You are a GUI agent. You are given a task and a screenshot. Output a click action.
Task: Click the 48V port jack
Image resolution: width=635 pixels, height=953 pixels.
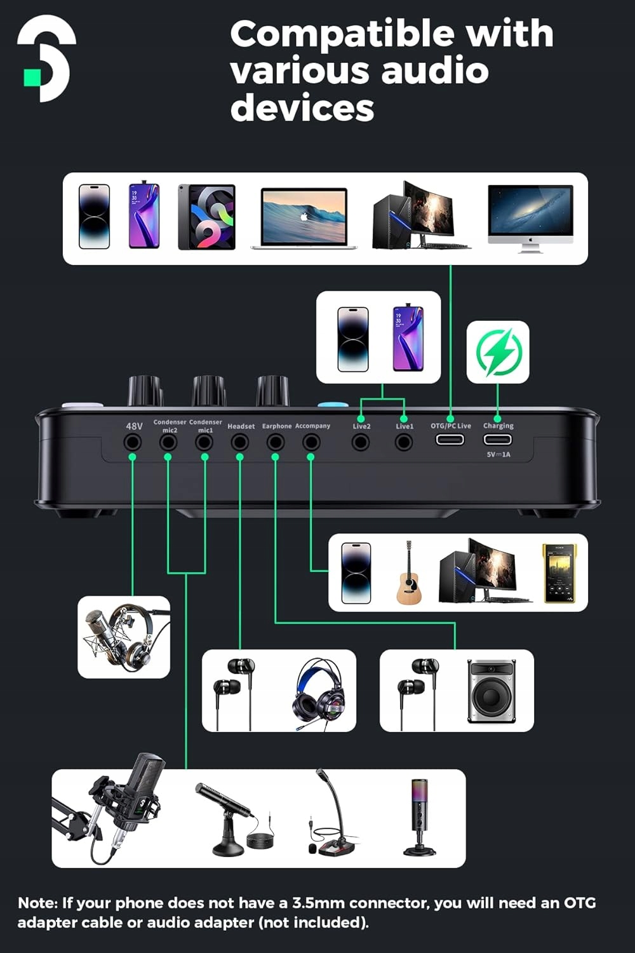point(133,442)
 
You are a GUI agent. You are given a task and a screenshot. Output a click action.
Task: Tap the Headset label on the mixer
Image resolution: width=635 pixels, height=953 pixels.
point(241,426)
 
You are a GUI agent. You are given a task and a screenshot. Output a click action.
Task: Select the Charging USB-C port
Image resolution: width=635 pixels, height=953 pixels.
point(497,440)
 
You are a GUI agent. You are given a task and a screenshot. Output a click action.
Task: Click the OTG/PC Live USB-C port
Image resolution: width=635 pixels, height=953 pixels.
point(449,440)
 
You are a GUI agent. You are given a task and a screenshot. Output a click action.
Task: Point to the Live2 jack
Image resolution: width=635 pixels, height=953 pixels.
point(361,442)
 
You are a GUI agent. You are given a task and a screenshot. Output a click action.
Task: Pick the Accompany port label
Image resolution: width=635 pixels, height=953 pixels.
point(312,426)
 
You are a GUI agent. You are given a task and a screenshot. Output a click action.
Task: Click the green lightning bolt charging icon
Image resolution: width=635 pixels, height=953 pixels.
point(498,352)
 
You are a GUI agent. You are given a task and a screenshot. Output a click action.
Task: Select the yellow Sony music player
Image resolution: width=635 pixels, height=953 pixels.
point(559,573)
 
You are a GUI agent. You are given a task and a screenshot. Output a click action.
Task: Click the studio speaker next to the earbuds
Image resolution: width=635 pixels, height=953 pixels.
point(491,691)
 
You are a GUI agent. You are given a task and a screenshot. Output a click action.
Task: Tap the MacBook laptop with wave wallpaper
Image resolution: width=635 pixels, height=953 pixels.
point(304,217)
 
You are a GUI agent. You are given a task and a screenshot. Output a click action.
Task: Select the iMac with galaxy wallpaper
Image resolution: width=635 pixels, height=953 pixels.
point(530,218)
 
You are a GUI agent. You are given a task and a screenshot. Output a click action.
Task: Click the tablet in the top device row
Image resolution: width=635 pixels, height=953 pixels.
point(206,217)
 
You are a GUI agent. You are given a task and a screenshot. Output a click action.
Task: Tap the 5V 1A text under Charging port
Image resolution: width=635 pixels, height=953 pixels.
point(498,454)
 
